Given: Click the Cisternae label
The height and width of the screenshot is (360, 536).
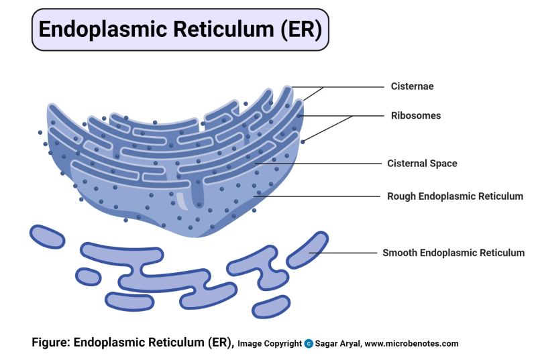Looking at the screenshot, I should tap(412, 86).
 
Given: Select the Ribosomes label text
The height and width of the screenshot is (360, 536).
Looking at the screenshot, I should tap(416, 115).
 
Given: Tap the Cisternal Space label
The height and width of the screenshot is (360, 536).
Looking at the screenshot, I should tap(422, 163).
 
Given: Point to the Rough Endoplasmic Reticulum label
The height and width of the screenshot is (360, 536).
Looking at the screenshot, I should tap(455, 196).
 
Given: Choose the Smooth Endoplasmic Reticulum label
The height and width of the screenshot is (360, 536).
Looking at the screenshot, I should tap(453, 253).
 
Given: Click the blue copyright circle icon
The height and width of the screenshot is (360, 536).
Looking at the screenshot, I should tap(309, 344).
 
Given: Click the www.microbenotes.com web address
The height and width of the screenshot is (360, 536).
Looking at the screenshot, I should tap(413, 344).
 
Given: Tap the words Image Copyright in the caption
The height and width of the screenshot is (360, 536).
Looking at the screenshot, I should tap(270, 344).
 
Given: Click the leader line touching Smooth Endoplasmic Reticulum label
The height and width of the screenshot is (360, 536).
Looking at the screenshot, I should tap(349, 253).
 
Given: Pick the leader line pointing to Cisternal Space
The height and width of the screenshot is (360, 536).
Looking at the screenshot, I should tap(322, 163).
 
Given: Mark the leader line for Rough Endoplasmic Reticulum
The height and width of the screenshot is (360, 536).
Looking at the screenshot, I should tap(322, 196).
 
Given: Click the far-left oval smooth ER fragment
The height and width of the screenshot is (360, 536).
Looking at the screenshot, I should tap(46, 236).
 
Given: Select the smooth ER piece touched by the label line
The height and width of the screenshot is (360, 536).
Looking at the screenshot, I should tap(307, 249).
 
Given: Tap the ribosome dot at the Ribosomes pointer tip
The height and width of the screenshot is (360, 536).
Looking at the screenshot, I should tap(303, 141).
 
